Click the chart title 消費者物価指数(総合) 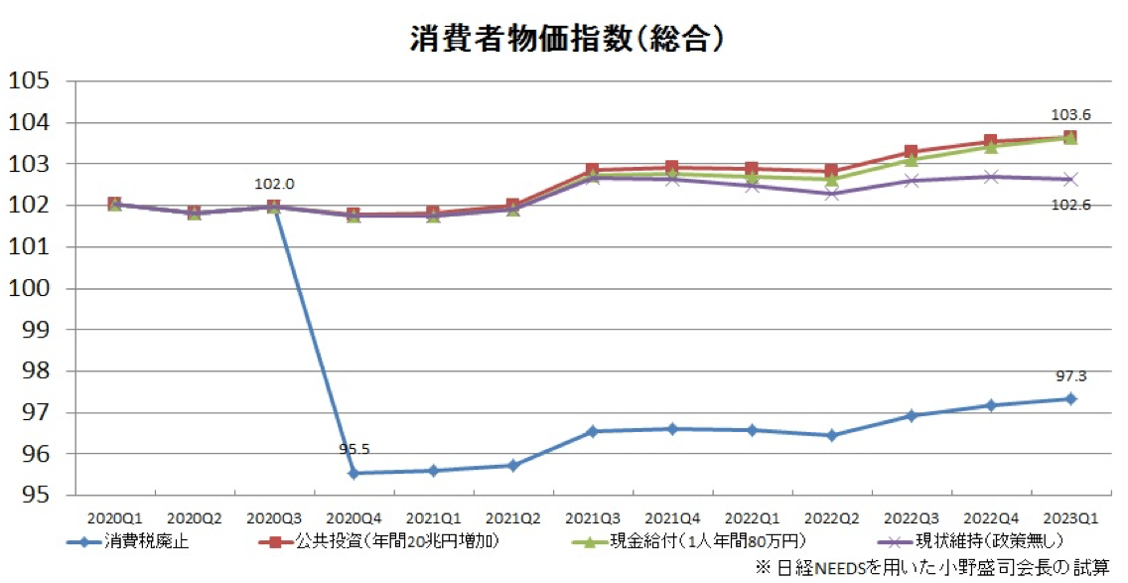point(565,37)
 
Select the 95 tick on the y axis point(33,495)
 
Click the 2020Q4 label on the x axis point(352,517)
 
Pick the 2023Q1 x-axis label point(1070,517)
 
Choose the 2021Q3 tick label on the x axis point(592,517)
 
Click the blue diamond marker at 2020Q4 point(352,474)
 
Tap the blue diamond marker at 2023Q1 point(1070,399)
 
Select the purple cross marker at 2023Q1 point(1070,180)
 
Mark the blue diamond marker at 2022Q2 point(831,435)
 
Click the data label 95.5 point(353,450)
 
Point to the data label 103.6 point(1070,115)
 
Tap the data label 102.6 point(1070,205)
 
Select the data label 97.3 point(1070,376)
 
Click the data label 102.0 point(274,184)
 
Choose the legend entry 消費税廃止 point(140,541)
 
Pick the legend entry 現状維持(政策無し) point(963,541)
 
